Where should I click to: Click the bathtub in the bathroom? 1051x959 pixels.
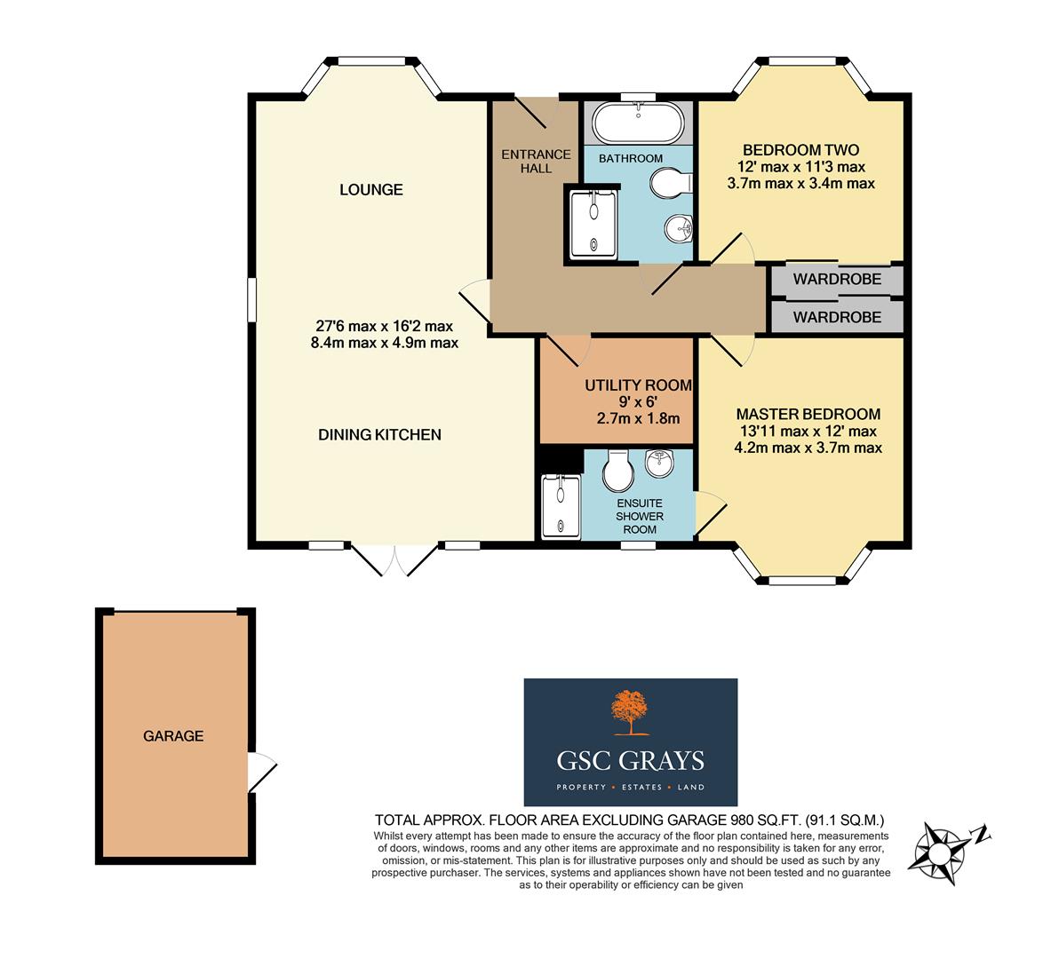click(639, 124)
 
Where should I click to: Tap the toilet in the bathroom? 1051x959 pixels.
click(669, 185)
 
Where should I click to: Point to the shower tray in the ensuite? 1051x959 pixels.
click(560, 506)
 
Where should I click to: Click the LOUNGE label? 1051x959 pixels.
click(370, 189)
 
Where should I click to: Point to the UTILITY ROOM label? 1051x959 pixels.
click(638, 384)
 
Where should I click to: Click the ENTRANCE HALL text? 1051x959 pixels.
click(527, 161)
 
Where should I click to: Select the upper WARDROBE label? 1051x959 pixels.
click(837, 280)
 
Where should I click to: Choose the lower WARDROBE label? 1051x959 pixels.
click(837, 317)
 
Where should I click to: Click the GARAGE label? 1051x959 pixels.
click(173, 735)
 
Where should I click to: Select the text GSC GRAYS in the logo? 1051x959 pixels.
click(630, 761)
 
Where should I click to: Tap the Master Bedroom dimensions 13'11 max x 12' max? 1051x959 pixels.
click(808, 432)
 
